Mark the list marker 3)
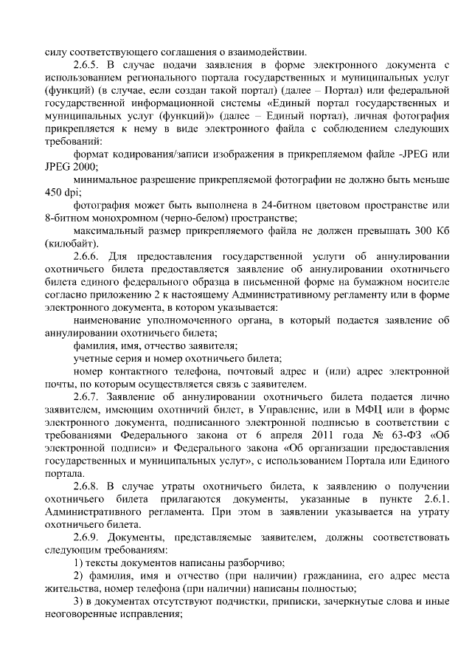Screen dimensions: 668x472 pyautogui.click(x=80, y=600)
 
